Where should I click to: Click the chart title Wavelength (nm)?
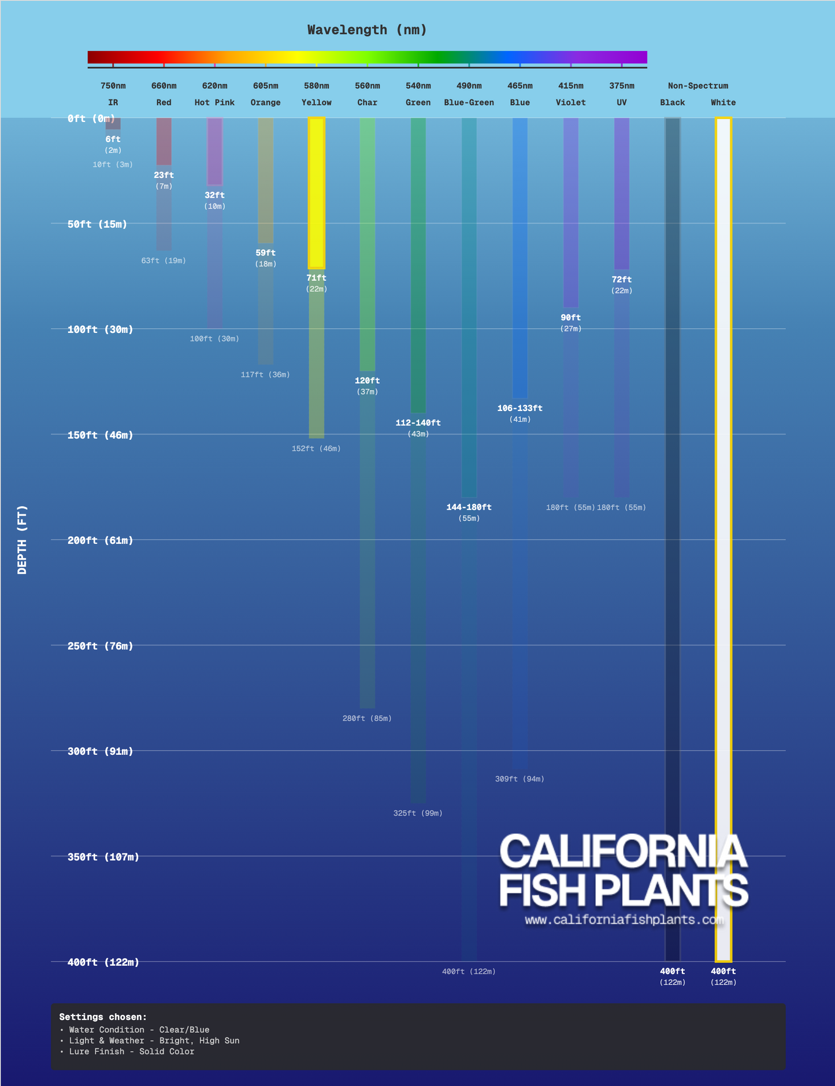[x=367, y=30]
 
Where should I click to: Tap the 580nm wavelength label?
[x=317, y=86]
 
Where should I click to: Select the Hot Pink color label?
[x=214, y=103]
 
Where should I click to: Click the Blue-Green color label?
[x=469, y=103]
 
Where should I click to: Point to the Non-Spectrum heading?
[x=698, y=86]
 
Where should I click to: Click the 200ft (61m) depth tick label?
[x=100, y=540]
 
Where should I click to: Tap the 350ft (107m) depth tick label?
[x=103, y=857]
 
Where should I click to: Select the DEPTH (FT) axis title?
[x=23, y=540]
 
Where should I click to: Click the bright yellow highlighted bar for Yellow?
[x=317, y=192]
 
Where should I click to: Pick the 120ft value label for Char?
[x=367, y=381]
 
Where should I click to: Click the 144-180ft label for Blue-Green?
[x=469, y=507]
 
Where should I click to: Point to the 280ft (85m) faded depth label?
[x=367, y=718]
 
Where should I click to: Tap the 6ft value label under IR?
[x=113, y=139]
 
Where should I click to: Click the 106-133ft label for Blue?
[x=519, y=409]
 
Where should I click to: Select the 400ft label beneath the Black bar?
[x=673, y=972]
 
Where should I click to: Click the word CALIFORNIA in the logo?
[x=623, y=851]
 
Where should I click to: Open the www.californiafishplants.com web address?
[x=624, y=920]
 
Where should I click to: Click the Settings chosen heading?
[x=103, y=1017]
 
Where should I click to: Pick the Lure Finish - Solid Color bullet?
[x=131, y=1052]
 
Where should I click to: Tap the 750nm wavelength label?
[x=113, y=86]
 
